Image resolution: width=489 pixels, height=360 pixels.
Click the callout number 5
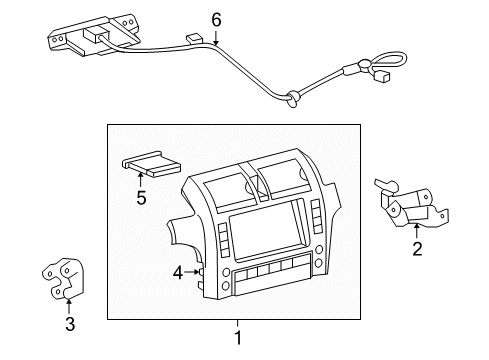coord(141,197)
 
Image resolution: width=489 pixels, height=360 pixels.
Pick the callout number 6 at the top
coord(215,18)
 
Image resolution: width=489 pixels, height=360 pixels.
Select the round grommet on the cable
coord(293,97)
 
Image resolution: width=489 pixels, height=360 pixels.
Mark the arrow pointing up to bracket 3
coord(69,303)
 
